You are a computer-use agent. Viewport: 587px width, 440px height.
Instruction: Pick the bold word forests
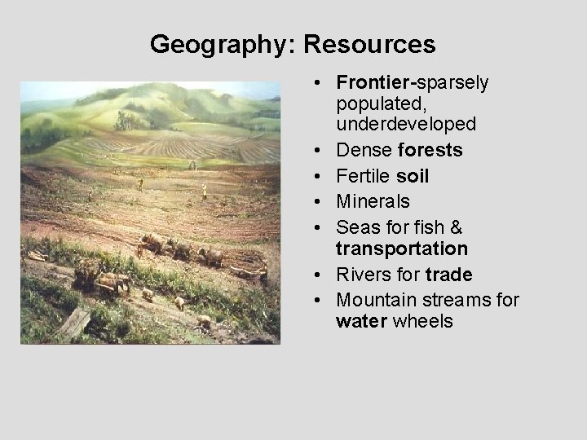(x=433, y=150)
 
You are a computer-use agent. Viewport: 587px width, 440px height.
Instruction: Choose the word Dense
(x=364, y=150)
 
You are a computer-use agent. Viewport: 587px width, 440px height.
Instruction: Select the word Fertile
(x=364, y=176)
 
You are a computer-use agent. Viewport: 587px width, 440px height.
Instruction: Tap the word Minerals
(x=373, y=201)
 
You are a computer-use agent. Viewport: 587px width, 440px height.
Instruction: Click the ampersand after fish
(x=455, y=227)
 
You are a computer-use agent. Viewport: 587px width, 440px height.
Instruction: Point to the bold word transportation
(x=401, y=249)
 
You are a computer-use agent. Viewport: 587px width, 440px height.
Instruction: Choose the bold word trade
(x=448, y=275)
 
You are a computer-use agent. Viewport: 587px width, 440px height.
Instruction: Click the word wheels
(x=422, y=321)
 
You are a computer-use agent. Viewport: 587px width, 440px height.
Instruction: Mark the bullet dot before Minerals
(x=324, y=202)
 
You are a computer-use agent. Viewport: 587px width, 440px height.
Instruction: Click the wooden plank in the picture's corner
(x=74, y=323)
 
